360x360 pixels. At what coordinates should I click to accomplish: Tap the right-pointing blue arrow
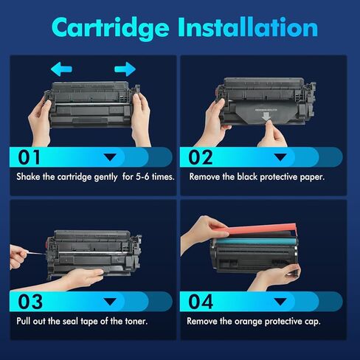[x=125, y=69]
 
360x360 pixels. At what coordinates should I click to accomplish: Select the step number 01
[x=32, y=156]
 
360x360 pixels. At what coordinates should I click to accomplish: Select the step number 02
[x=201, y=156]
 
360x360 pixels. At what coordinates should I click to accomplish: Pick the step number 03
[x=32, y=302]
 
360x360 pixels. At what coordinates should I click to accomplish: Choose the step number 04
[x=201, y=302]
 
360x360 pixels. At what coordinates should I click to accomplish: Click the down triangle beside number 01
[x=111, y=157]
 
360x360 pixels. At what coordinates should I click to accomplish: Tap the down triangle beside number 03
[x=111, y=302]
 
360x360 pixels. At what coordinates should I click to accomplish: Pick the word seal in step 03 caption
[x=74, y=322]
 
